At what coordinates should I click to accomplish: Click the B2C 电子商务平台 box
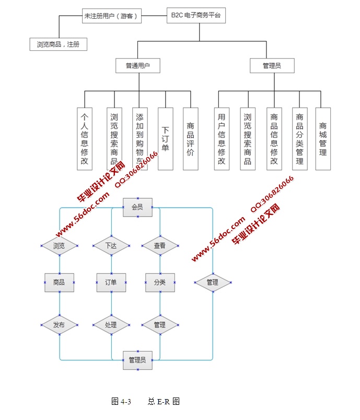click(196, 16)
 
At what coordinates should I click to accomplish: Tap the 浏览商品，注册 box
click(58, 44)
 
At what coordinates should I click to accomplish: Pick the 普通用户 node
click(137, 66)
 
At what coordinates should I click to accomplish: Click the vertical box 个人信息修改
click(85, 139)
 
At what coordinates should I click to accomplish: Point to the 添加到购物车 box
click(140, 139)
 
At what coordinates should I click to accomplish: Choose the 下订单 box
click(165, 139)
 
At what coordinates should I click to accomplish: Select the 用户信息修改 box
click(222, 139)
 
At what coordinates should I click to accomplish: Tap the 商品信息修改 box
click(274, 139)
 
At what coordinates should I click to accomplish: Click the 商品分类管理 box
click(299, 139)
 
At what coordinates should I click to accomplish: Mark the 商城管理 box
click(323, 139)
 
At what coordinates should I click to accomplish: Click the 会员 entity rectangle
click(137, 208)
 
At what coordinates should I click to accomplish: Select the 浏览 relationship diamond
click(59, 245)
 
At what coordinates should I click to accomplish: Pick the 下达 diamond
click(111, 245)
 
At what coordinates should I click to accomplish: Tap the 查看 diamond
click(160, 245)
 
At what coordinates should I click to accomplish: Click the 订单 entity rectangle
click(111, 282)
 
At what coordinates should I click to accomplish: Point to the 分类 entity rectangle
click(160, 282)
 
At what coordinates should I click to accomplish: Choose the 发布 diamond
click(59, 325)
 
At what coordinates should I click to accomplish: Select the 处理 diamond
click(111, 325)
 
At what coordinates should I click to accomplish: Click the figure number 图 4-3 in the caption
click(121, 402)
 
